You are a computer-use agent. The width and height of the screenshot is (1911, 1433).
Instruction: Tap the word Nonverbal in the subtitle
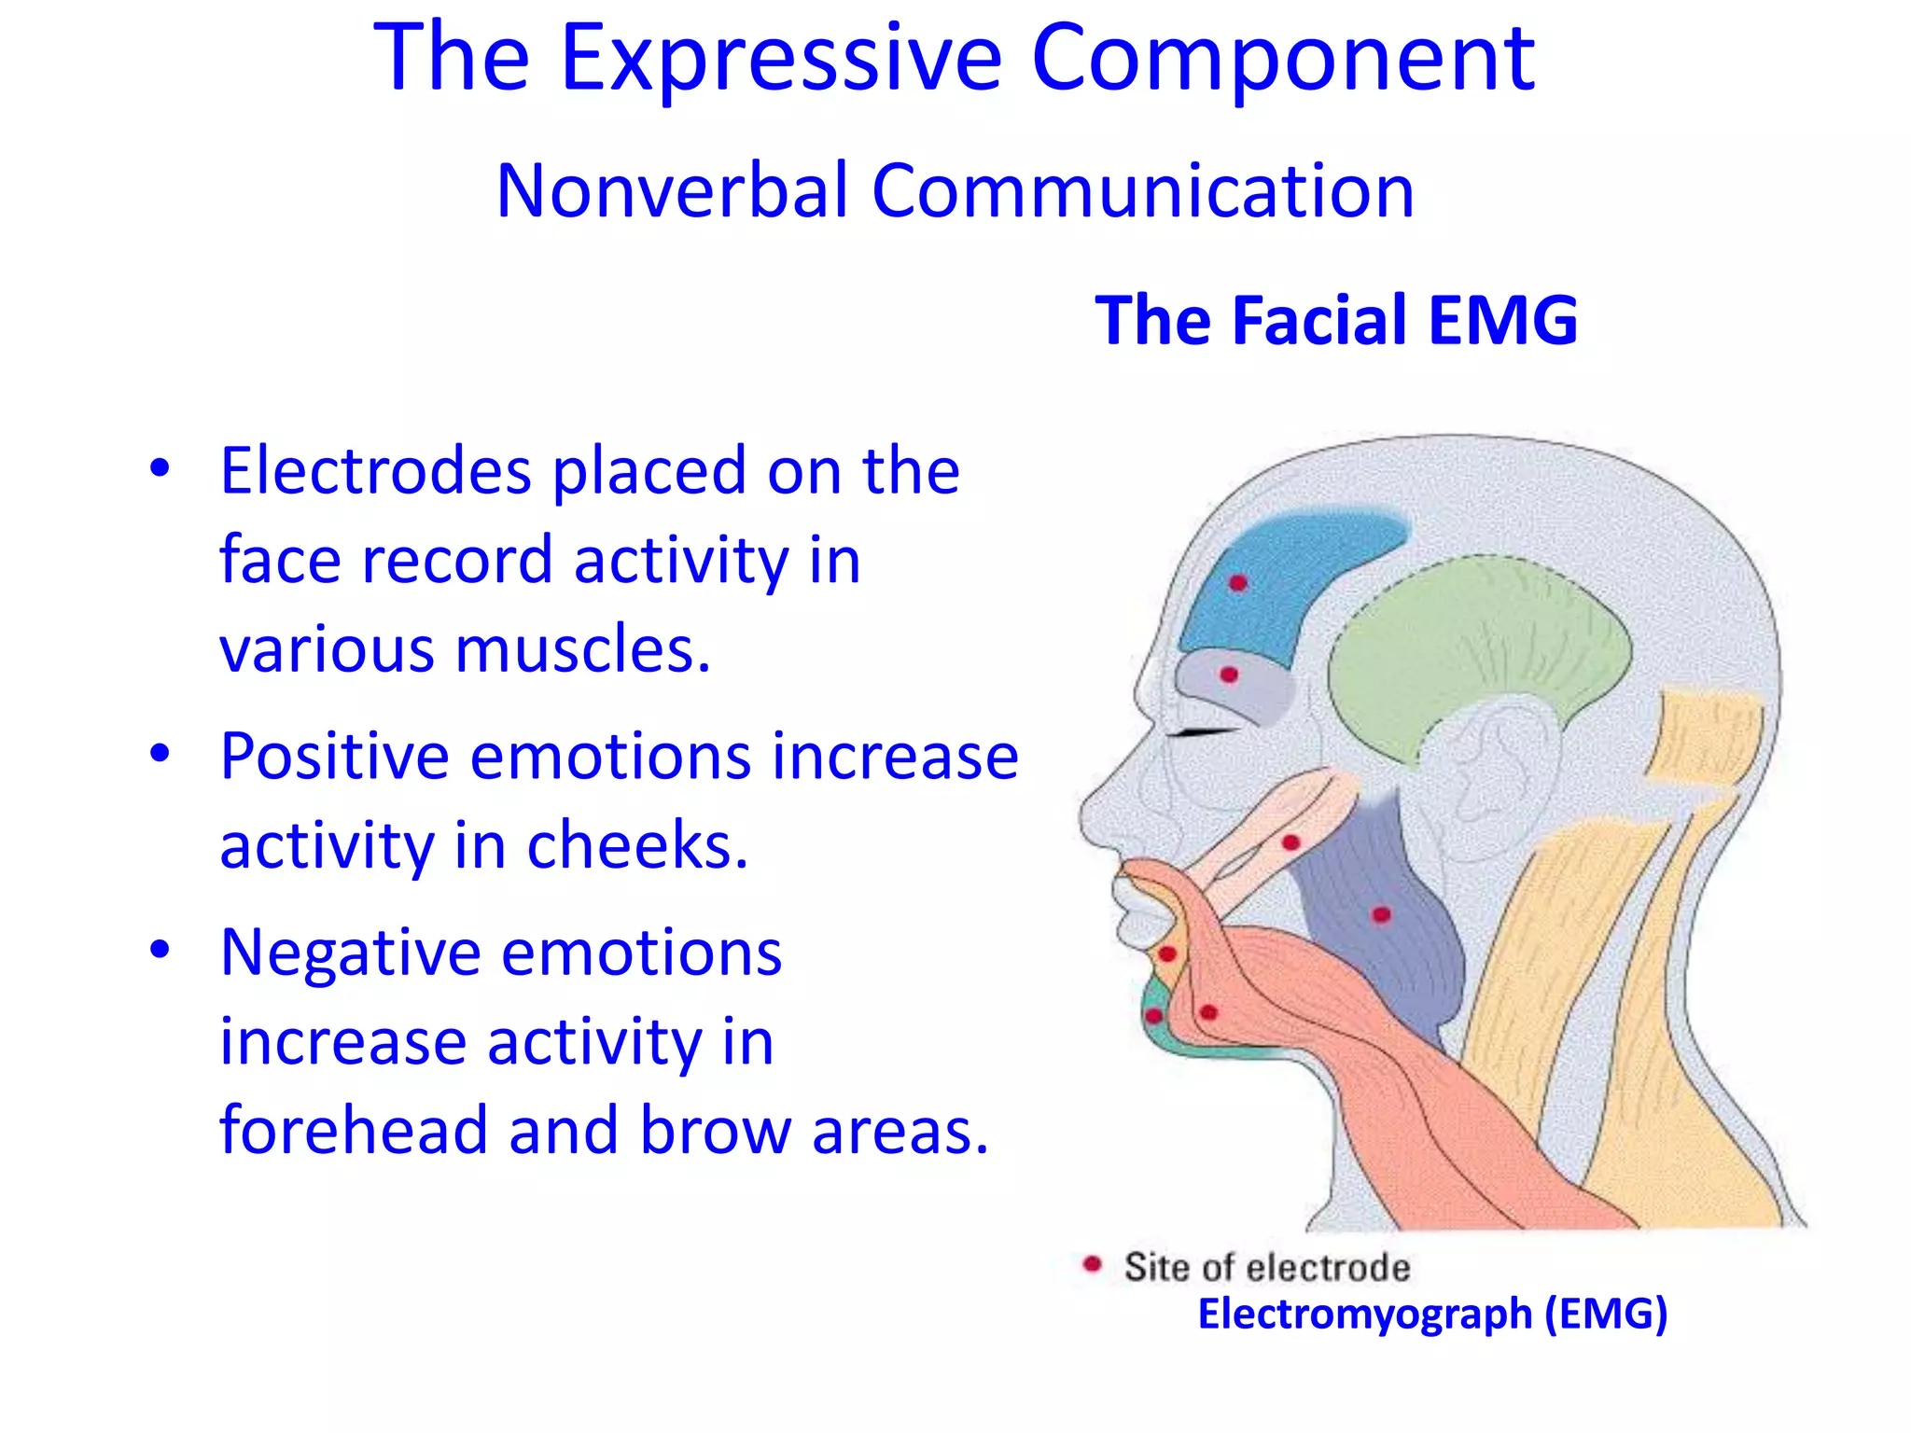(672, 191)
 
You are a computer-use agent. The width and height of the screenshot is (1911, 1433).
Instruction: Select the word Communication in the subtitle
(1142, 191)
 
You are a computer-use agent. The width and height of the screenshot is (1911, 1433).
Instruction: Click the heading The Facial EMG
(1336, 321)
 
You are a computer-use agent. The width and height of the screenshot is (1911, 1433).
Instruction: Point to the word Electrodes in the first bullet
(376, 471)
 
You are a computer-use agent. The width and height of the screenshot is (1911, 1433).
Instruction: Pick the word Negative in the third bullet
(352, 953)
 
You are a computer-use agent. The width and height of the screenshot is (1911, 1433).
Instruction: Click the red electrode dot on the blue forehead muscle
(1238, 584)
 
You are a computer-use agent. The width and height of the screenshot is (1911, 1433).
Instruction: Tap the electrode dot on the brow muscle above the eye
(1229, 675)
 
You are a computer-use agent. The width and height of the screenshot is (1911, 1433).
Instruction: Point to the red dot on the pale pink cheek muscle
(1291, 843)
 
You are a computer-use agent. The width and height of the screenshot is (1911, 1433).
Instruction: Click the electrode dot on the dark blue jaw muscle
(1382, 915)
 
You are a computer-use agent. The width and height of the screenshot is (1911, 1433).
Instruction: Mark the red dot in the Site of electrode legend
(1092, 1265)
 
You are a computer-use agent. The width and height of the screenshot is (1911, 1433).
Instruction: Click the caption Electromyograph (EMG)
(1432, 1314)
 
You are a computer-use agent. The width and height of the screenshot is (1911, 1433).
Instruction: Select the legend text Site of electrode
(1266, 1268)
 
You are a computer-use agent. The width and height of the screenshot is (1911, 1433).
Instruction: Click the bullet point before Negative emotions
(160, 950)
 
